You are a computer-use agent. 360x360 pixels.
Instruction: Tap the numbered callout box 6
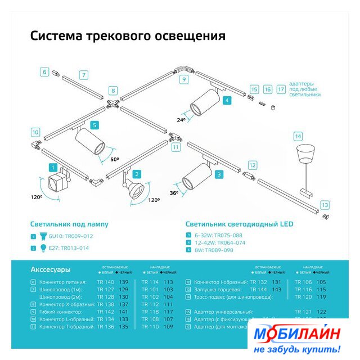(44, 72)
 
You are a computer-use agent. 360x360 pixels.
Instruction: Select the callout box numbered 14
(298, 136)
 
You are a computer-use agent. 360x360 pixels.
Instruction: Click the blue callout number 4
(227, 101)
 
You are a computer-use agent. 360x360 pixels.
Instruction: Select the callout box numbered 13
(325, 205)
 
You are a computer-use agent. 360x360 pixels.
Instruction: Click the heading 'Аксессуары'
(51, 269)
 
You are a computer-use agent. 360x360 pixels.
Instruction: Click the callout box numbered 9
(183, 79)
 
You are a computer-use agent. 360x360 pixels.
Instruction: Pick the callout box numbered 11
(175, 147)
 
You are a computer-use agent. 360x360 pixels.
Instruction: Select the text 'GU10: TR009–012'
(71, 236)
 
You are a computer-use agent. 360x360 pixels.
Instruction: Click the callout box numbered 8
(113, 91)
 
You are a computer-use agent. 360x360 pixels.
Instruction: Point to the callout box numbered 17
(281, 89)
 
